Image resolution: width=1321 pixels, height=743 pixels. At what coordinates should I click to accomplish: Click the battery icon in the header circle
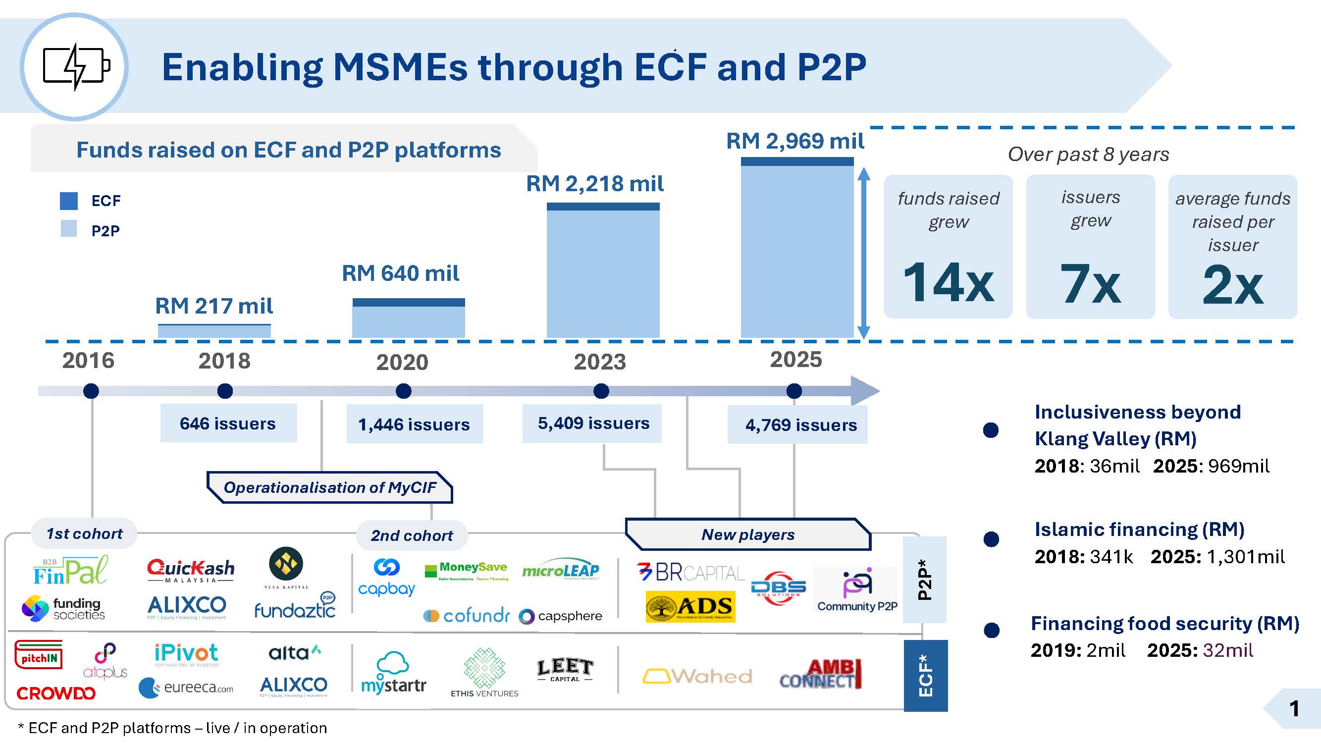pos(76,67)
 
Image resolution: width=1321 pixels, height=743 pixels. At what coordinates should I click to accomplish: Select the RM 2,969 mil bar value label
pos(795,141)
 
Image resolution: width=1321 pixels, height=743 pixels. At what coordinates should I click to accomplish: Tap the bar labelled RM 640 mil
pos(408,318)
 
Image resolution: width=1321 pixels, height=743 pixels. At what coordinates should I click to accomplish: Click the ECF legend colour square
pos(69,201)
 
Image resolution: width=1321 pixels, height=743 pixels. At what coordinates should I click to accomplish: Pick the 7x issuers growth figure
pos(1090,283)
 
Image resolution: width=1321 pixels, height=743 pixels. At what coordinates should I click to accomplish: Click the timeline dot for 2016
pos(91,391)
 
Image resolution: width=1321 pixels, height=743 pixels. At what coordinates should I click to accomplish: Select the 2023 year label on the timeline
pos(599,362)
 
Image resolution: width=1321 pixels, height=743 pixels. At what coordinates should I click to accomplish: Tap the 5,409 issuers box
pos(592,424)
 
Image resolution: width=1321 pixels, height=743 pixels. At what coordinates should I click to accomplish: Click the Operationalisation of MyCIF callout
pos(330,487)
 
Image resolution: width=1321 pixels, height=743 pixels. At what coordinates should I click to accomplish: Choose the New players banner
pos(748,534)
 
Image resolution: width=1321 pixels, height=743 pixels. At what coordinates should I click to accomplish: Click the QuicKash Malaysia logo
pos(190,570)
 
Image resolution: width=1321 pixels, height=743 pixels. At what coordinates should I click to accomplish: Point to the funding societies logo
pos(63,609)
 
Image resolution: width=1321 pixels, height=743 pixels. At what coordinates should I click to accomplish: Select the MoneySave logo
pos(467,570)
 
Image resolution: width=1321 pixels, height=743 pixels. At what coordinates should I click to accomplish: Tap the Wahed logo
pos(697,676)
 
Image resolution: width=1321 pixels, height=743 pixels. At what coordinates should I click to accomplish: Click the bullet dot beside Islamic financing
pos(991,539)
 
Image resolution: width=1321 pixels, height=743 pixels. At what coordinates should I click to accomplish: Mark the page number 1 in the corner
pos(1294,709)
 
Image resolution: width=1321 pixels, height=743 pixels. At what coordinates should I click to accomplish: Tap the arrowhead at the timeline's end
pos(865,391)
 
